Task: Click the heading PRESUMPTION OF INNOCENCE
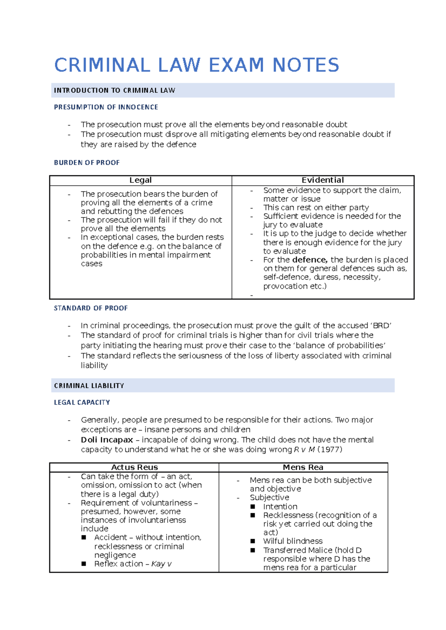click(106, 107)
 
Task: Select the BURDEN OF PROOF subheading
click(87, 163)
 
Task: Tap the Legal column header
click(140, 180)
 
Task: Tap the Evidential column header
click(323, 180)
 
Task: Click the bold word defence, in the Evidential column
click(310, 260)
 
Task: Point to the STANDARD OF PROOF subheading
click(91, 308)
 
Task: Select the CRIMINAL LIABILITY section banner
click(89, 386)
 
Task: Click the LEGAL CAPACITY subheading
click(82, 403)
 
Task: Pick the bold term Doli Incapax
click(107, 440)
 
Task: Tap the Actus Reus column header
click(135, 467)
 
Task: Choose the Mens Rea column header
click(303, 467)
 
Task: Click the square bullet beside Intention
click(253, 506)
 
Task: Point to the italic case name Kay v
click(161, 564)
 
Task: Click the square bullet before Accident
click(84, 537)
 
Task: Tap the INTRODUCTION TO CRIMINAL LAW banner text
click(114, 91)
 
